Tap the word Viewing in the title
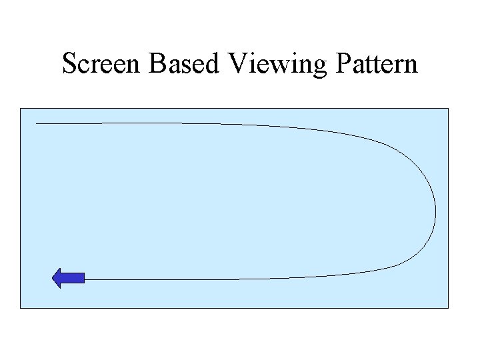[x=274, y=65]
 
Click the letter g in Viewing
[x=313, y=67]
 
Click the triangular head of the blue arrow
[x=58, y=278]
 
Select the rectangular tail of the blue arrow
[x=75, y=278]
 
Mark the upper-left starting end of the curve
[x=36, y=123]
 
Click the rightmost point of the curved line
[x=436, y=213]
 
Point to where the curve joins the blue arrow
[x=85, y=279]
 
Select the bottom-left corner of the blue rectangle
[x=21, y=308]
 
